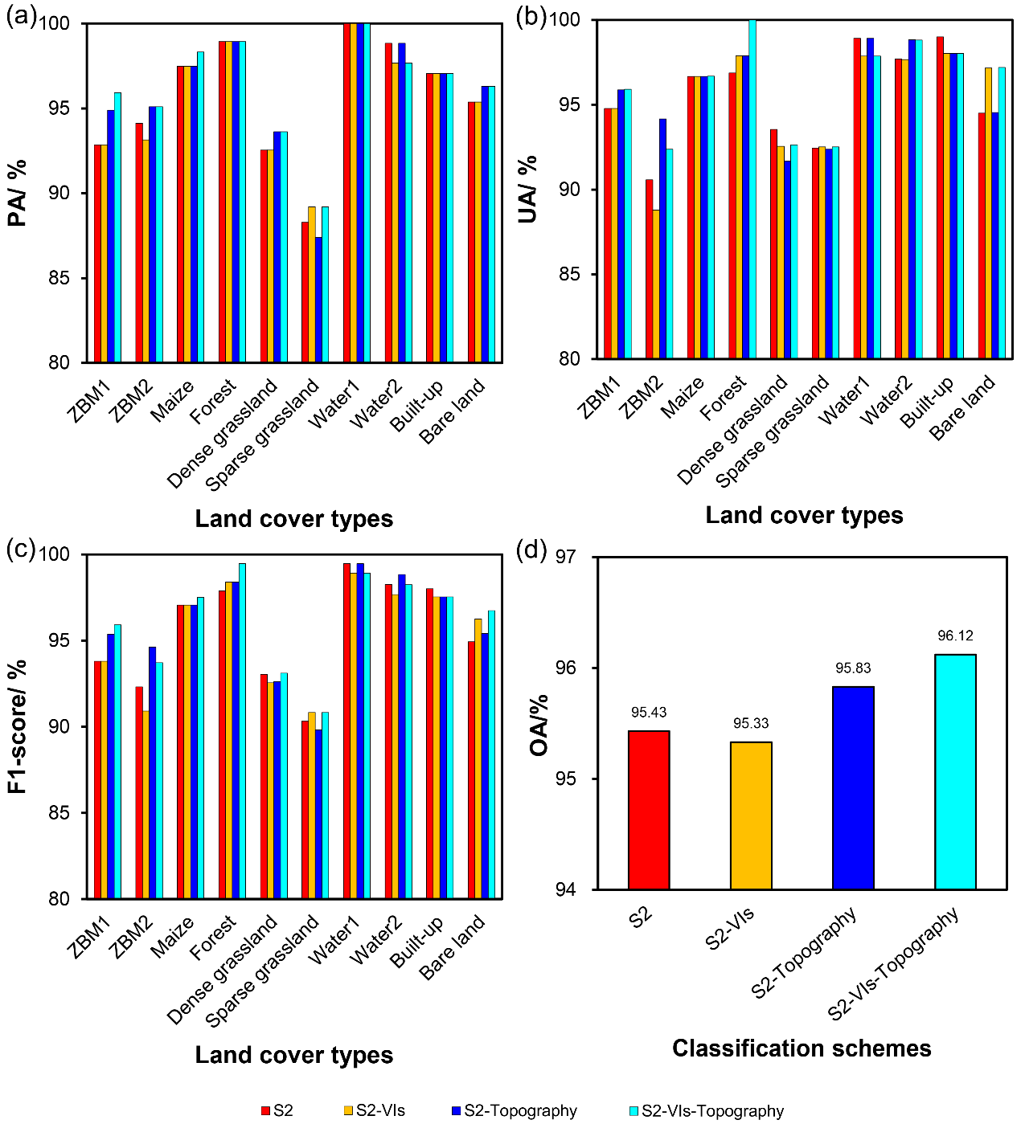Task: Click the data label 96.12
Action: point(955,636)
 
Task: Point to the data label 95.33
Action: point(751,724)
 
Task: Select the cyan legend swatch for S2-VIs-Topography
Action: point(634,1111)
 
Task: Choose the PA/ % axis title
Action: point(18,193)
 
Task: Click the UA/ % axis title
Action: point(528,190)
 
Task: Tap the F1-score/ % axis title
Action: point(18,727)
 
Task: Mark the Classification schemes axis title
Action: point(802,1048)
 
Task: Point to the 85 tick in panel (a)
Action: point(59,278)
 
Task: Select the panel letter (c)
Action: point(20,550)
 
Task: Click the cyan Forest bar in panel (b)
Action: point(752,189)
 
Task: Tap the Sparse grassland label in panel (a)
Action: point(263,435)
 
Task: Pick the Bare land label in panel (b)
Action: point(962,407)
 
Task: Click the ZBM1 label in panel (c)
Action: point(88,939)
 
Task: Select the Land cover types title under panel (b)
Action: point(804,516)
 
